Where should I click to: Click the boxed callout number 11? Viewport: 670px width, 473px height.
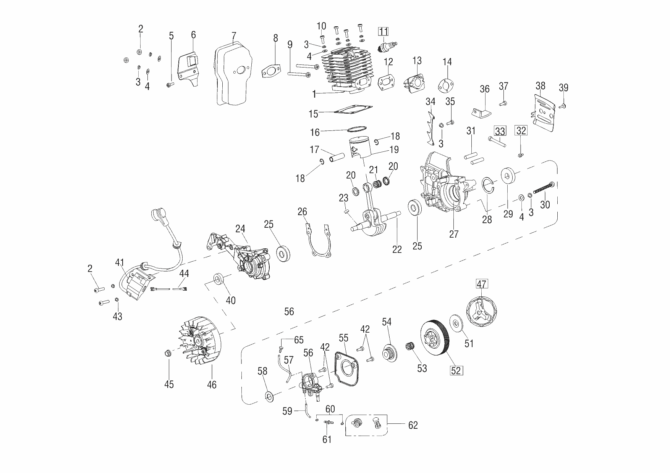coord(383,32)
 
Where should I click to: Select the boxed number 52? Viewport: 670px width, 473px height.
coord(456,370)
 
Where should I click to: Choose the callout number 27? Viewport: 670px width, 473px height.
coord(453,234)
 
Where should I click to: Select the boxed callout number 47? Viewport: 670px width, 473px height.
coord(481,284)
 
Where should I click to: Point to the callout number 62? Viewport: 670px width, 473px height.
coord(413,425)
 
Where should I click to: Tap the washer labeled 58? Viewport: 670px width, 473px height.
coord(269,396)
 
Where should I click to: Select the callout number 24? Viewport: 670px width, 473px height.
coord(240,229)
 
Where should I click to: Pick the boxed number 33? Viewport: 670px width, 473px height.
coord(500,131)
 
